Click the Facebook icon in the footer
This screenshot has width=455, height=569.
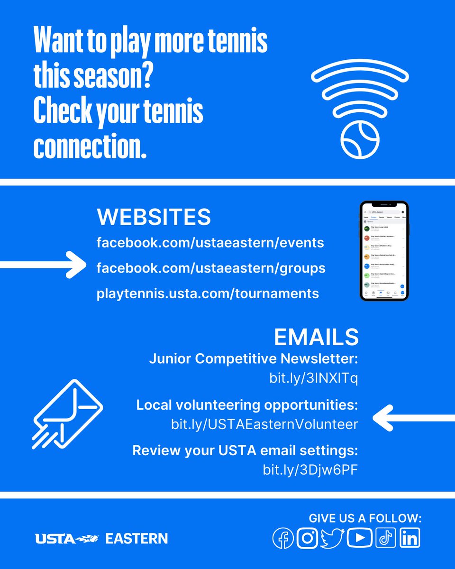point(283,538)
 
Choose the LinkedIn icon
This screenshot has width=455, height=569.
point(409,538)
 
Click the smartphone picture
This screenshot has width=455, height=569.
point(384,251)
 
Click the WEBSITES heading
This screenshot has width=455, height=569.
point(154,217)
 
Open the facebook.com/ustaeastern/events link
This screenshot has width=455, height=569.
point(210,243)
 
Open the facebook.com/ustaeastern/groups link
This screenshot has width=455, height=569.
point(210,268)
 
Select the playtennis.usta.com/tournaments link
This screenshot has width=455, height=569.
point(208,294)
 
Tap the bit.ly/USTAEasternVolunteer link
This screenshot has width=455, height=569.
point(264,424)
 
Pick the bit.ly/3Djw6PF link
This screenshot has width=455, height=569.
point(310,469)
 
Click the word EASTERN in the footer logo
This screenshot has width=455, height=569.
point(136,539)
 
